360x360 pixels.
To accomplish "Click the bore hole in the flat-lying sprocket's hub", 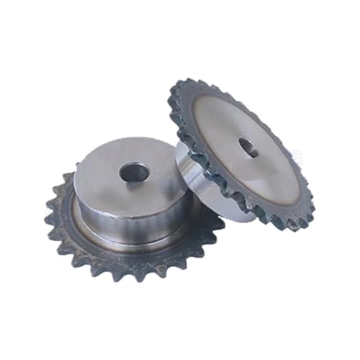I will [x=135, y=172].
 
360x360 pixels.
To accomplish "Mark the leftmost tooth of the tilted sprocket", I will [x=171, y=101].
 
